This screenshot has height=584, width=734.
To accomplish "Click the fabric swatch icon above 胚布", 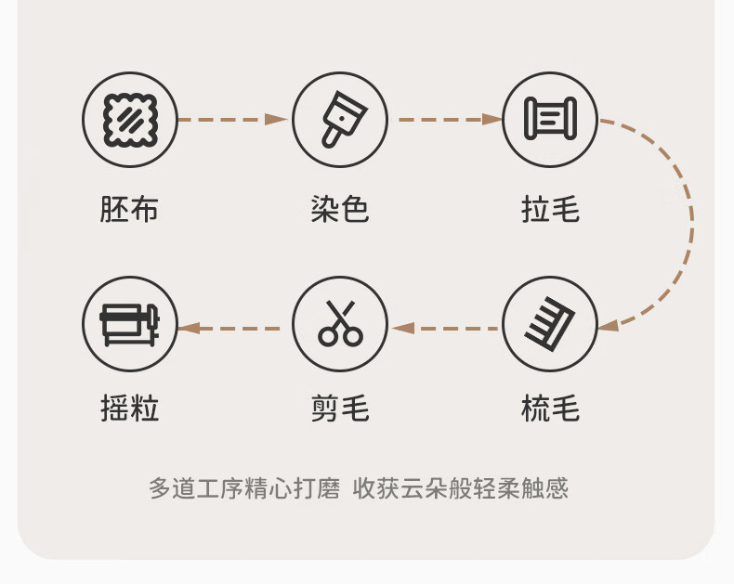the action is point(130,120).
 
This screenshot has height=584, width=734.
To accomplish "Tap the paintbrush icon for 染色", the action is point(340,120).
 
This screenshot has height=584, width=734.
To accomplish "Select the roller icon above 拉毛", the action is point(550,120).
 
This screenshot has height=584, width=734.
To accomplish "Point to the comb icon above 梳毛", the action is point(550,324).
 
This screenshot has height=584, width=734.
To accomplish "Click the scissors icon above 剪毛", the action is point(340,324).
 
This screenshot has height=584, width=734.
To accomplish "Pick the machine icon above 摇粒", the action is point(130,324).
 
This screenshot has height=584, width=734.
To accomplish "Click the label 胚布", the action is point(129,209).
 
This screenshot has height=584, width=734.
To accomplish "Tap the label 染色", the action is point(340,209).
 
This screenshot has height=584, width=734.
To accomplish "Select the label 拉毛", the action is point(550,209).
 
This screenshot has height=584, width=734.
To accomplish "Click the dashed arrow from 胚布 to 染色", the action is point(232,120).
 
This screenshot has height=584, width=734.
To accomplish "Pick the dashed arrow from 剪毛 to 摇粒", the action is point(232,328).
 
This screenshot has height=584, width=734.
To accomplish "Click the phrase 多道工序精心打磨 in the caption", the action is point(245,488).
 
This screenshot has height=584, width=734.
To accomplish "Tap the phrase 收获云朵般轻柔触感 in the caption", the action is point(461,488).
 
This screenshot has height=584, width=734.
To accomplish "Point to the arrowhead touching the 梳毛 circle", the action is point(609,326).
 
